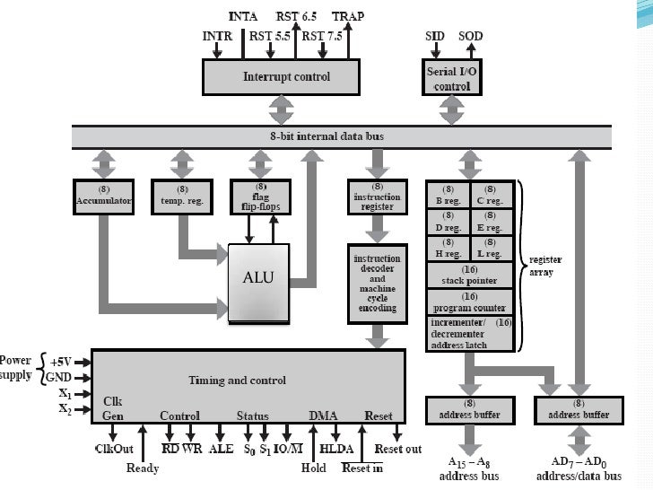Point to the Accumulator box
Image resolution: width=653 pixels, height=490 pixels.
tap(102, 196)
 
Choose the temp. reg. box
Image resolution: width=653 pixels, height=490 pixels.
tap(182, 196)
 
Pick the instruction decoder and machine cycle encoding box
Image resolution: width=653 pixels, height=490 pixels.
tap(377, 282)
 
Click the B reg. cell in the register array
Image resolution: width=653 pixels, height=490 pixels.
tap(448, 196)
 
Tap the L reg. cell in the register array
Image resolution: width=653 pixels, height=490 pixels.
tap(490, 249)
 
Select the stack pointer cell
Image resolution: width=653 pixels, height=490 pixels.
tap(468, 276)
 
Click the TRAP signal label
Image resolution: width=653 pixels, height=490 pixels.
tap(348, 16)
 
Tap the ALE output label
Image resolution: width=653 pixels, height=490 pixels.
tap(221, 449)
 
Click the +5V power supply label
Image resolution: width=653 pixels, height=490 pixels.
tap(61, 361)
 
